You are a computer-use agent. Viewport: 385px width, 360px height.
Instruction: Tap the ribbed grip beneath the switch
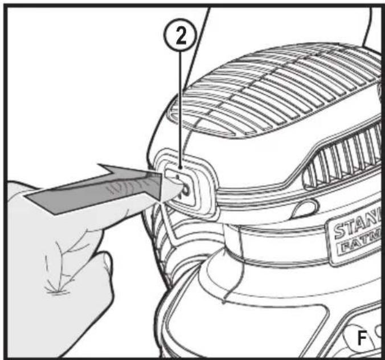(171, 239)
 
